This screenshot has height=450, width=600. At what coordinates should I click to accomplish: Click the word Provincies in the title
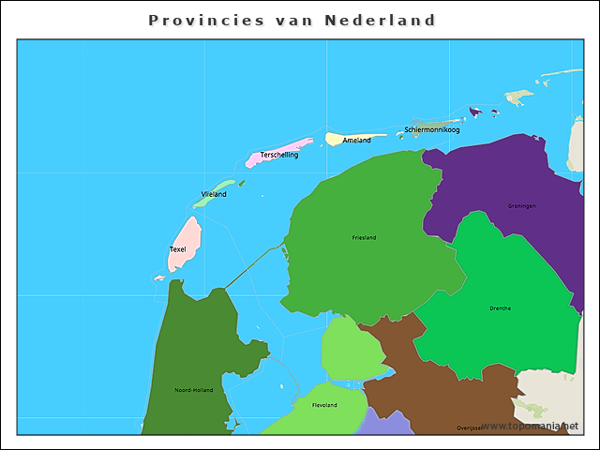(195, 20)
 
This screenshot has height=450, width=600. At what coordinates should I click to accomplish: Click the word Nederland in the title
(380, 20)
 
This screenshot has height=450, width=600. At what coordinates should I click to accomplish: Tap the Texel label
(177, 249)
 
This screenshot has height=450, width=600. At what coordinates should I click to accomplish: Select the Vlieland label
(214, 194)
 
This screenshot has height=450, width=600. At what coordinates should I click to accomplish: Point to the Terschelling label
(279, 155)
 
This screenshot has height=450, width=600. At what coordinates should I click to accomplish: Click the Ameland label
(356, 141)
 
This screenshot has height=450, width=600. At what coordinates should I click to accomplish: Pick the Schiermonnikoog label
(432, 129)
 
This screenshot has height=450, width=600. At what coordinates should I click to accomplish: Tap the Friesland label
(364, 237)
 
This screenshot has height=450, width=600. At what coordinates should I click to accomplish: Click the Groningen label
(521, 205)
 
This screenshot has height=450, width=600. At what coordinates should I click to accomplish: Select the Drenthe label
(500, 307)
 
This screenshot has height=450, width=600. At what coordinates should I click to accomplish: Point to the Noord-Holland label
(194, 390)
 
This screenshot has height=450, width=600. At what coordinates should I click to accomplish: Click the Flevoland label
(324, 405)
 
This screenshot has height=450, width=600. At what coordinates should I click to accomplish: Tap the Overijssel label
(470, 427)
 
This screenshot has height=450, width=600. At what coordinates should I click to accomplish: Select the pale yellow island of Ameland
(336, 139)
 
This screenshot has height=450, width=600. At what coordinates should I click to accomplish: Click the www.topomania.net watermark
(531, 426)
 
